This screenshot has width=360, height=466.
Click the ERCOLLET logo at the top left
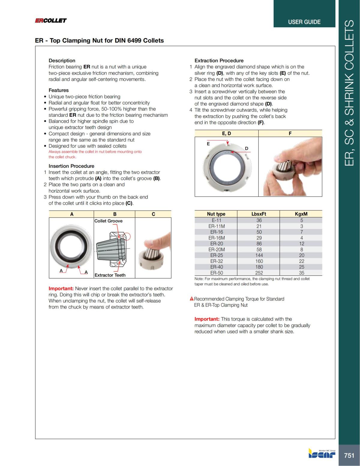coord(51,20)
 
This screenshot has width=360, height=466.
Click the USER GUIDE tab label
coord(304,22)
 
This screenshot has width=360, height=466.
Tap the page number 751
coord(349,455)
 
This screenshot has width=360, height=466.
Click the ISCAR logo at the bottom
coord(322,454)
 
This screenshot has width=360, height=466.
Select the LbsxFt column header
coord(259,214)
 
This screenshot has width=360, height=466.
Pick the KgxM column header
coord(301,214)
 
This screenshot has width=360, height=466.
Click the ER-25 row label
coord(216,255)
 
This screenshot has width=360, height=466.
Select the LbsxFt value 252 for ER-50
coord(259,273)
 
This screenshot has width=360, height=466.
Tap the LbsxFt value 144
coord(259,255)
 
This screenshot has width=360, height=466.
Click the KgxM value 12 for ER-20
coord(301,244)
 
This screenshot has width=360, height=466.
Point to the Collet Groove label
coord(108,221)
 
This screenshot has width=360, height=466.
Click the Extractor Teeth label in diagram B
coord(110,275)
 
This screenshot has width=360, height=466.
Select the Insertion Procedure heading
coord(71,166)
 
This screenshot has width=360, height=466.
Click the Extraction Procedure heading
coord(219,60)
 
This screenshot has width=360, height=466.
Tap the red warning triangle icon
coord(191,299)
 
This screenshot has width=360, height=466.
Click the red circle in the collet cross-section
coord(128,236)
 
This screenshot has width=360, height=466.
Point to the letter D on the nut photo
coord(247,149)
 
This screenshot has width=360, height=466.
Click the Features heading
coord(58,90)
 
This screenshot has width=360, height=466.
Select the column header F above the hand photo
coord(290,134)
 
